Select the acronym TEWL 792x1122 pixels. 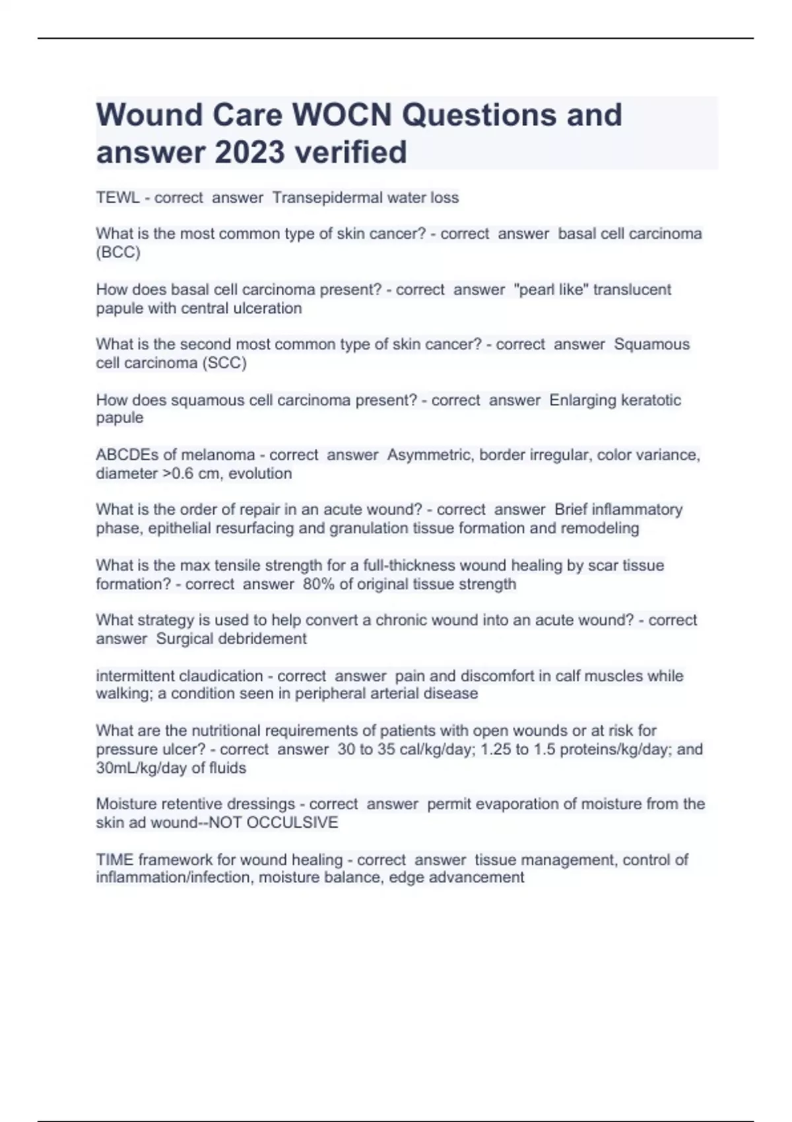(117, 198)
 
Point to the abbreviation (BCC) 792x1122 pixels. (118, 252)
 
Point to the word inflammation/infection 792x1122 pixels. (174, 877)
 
